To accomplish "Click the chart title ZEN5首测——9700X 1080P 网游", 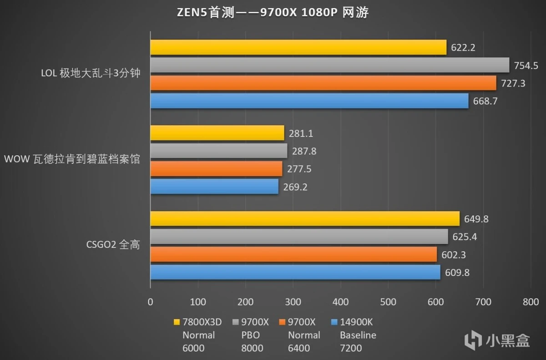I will click(273, 13).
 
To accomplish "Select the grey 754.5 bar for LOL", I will click(329, 65).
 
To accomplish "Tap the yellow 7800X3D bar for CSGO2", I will click(305, 219).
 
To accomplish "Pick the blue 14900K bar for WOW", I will click(214, 187).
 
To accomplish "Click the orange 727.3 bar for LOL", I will click(323, 83).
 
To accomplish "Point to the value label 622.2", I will click(463, 47).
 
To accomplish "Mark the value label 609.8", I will click(457, 273).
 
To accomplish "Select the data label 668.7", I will click(485, 101).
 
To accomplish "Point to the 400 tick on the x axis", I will click(340, 302).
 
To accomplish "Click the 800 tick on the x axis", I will click(531, 302).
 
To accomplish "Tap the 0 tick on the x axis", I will click(150, 302).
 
